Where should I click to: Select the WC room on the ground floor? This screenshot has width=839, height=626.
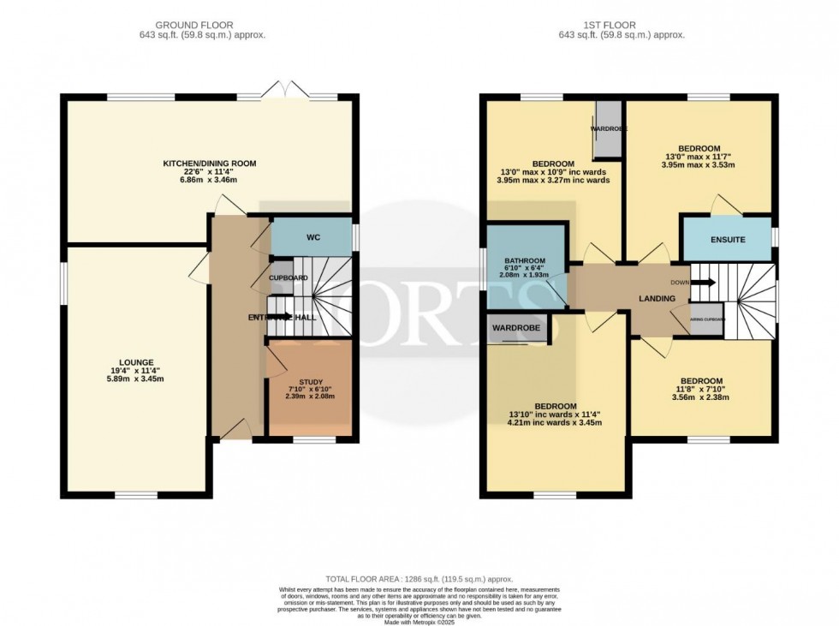coord(312,236)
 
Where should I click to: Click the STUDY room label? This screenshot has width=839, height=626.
coord(310,382)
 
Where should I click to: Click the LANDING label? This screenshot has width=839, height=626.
coord(657,298)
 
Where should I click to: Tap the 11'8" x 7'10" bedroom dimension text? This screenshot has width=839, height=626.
coord(701,391)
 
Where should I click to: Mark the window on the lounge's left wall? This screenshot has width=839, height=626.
coord(62,282)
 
